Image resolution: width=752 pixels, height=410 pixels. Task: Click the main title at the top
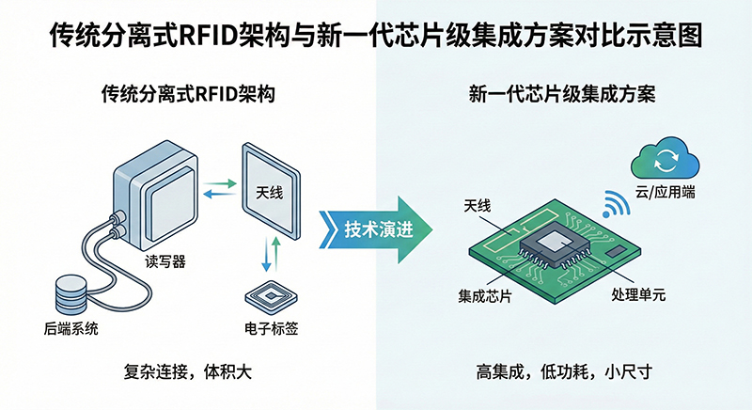[376, 39]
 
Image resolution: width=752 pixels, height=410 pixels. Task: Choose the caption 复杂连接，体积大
[187, 372]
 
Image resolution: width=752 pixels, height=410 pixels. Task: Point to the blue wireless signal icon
[616, 202]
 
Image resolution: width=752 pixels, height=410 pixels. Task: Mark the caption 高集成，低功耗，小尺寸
[563, 372]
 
